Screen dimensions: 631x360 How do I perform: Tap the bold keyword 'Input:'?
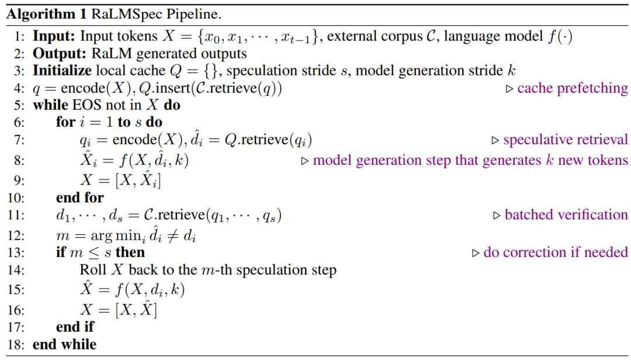pyautogui.click(x=54, y=36)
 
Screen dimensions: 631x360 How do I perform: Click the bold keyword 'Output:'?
pyautogui.click(x=59, y=54)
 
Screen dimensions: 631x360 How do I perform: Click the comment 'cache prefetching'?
pyautogui.click(x=573, y=89)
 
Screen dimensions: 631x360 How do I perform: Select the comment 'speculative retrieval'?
pyautogui.click(x=566, y=140)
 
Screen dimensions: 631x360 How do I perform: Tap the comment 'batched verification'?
pyautogui.click(x=566, y=215)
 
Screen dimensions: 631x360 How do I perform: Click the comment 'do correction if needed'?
pyautogui.click(x=556, y=252)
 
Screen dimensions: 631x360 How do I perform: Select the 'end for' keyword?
pyautogui.click(x=80, y=198)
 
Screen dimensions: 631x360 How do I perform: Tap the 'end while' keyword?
pyautogui.click(x=65, y=345)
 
